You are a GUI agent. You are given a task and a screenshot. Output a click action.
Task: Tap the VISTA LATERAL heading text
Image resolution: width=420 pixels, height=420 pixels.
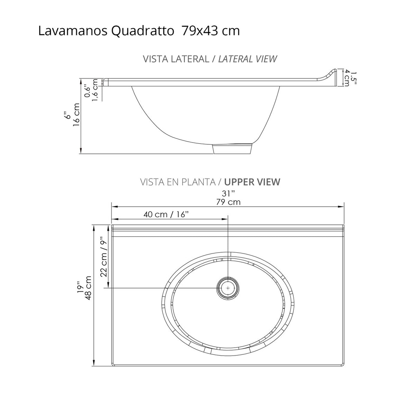(176, 59)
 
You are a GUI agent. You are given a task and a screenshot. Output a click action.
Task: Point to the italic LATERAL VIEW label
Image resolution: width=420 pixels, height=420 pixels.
(248, 59)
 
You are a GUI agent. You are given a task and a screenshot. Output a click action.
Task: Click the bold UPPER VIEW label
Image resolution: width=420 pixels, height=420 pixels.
(252, 182)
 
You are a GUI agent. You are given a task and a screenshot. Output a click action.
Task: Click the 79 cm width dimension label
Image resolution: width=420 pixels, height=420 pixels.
(228, 202)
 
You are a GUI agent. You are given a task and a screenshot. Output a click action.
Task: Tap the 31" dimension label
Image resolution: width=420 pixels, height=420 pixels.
(228, 194)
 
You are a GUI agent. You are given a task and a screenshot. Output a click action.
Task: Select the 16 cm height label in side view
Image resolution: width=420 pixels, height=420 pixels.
(77, 115)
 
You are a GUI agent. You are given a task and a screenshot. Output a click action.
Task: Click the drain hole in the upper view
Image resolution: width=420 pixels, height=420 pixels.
(228, 288)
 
